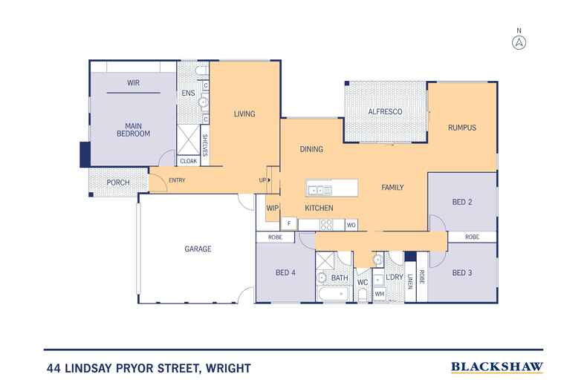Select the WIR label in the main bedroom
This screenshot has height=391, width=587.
click(134, 82)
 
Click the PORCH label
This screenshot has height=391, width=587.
click(118, 183)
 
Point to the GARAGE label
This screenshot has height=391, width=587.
click(198, 249)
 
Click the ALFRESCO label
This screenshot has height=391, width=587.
click(386, 111)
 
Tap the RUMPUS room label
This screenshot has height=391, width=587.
click(461, 128)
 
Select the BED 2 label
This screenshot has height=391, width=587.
click(463, 202)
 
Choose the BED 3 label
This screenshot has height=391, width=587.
click(463, 272)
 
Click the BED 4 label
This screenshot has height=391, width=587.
click(286, 273)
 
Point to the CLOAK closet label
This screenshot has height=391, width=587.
click(188, 160)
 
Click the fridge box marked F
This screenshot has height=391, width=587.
click(288, 223)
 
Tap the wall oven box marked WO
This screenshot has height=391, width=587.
click(350, 223)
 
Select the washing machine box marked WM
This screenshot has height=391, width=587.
click(379, 295)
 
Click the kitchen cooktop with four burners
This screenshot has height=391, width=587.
click(326, 223)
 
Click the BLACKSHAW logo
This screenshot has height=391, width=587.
click(497, 367)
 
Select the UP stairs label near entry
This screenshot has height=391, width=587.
click(263, 180)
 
